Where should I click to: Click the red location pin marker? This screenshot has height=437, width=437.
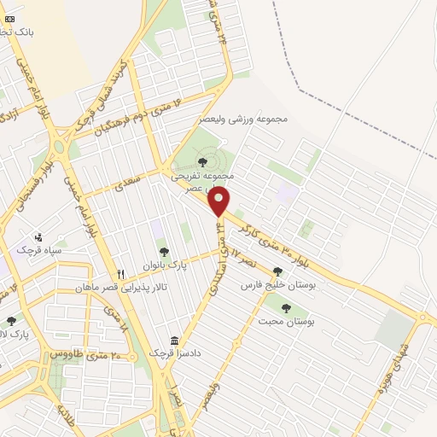219,201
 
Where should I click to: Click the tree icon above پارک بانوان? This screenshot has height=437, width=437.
163,252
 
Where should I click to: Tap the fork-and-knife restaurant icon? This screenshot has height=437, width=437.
120,274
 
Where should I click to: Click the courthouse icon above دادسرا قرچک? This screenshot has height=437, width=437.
174,341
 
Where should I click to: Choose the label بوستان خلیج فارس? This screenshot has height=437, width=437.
278,285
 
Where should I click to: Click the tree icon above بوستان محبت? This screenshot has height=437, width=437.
285,308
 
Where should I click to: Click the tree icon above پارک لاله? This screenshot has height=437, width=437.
11,321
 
